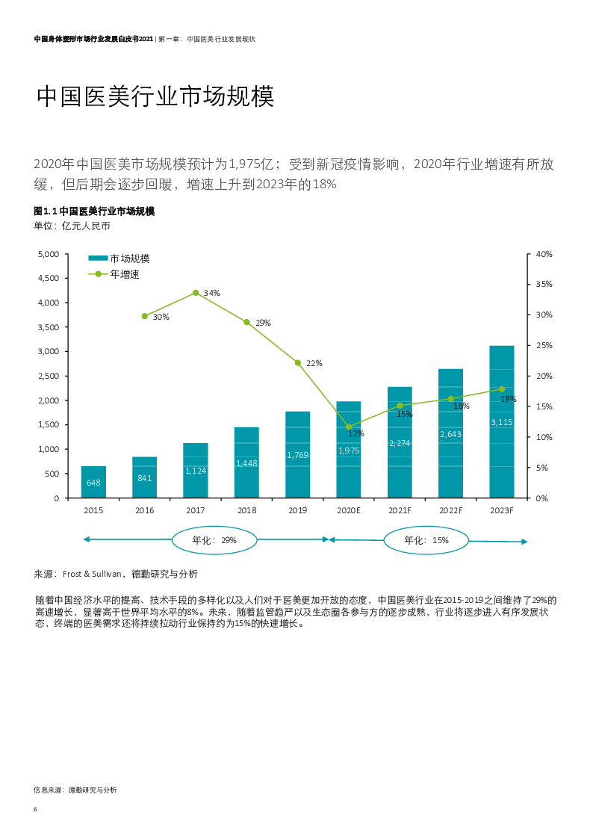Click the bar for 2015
point(93,482)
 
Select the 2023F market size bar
point(501,421)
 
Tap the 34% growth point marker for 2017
point(196,293)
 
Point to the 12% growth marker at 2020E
point(349,427)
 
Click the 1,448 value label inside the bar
point(246,463)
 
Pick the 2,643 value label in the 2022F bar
point(450,434)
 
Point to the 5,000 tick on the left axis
point(48,254)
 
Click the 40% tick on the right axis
point(544,254)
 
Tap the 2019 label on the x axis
point(297,511)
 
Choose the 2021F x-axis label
point(400,511)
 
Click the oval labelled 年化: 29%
point(214,539)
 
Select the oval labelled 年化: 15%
point(426,540)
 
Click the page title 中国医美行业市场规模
point(155,96)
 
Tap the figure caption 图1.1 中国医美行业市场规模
point(94,211)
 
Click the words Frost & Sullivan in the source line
point(92,574)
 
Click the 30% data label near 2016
point(161,317)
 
